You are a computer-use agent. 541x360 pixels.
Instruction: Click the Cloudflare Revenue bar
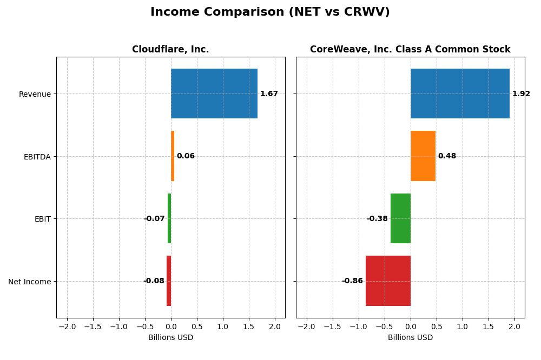[x=214, y=94]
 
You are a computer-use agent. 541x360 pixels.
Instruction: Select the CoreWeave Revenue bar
[x=460, y=94]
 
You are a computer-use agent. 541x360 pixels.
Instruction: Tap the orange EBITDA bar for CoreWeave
[x=423, y=156]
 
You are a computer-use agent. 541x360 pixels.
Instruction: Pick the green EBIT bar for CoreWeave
[x=400, y=218]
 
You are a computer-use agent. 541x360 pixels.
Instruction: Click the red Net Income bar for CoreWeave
[x=388, y=281]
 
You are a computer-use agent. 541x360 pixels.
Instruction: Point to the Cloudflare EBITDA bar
[x=173, y=156]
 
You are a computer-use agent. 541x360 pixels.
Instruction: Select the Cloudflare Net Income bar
[x=169, y=281]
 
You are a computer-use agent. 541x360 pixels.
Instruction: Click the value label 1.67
[x=269, y=94]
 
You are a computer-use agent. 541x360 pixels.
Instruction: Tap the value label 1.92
[x=521, y=94]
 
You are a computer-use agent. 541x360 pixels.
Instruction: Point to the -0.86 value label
[x=352, y=281]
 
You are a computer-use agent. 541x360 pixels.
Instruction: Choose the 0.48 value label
[x=447, y=156]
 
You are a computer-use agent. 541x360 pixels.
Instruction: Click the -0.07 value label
[x=154, y=219]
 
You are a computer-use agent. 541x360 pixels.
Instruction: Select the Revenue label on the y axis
[x=35, y=95]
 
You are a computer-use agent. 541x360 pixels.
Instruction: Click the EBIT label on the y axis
[x=42, y=219]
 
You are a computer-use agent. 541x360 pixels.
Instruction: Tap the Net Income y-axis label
[x=29, y=282]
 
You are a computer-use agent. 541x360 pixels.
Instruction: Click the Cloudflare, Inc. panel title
[x=170, y=50]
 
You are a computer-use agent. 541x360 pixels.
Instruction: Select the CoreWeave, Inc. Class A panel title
[x=410, y=50]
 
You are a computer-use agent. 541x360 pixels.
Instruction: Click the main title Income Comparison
[x=270, y=12]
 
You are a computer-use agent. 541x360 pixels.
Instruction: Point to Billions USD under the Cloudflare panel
[x=170, y=338]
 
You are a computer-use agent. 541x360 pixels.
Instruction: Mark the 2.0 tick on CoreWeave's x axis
[x=514, y=327]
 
